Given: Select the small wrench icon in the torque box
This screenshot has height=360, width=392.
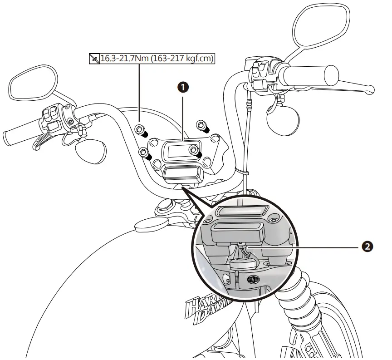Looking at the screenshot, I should click(x=94, y=59).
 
